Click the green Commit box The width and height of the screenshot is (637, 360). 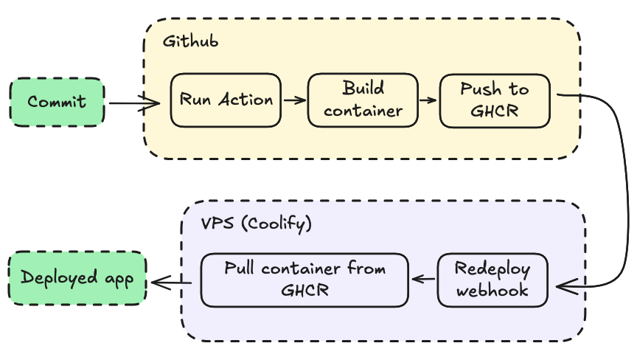pos(57,101)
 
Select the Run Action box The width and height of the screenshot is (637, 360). pos(226,100)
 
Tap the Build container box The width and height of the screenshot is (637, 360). pos(363,100)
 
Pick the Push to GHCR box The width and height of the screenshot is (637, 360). pos(494,100)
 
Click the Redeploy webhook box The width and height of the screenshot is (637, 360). pos(492,280)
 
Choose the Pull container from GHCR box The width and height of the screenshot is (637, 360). pos(304,280)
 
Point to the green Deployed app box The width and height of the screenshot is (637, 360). pos(77,278)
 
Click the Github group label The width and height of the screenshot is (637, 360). pos(190,41)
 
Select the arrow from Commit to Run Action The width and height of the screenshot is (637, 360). pos(135,103)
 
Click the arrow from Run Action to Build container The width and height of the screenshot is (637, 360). pos(294,100)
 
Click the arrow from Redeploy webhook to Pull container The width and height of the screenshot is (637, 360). pos(423,279)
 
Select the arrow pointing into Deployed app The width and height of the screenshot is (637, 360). pos(172,280)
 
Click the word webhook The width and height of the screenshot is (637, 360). pos(492,290)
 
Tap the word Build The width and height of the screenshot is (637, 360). pos(363,89)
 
